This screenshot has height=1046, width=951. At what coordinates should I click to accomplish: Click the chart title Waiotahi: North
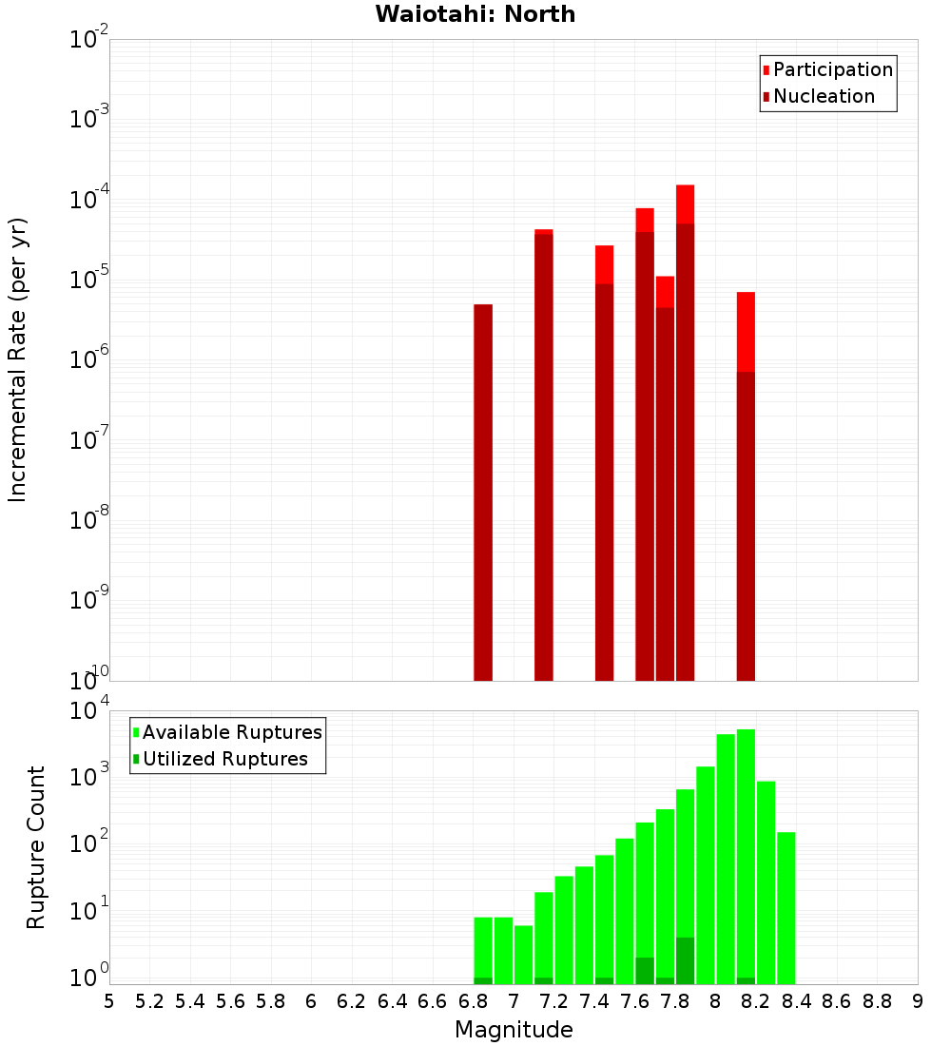click(x=475, y=14)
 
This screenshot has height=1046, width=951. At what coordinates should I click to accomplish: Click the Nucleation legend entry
click(x=823, y=97)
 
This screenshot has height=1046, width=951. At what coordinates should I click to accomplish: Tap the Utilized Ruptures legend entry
click(x=224, y=759)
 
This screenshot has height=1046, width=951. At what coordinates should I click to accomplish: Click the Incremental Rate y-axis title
click(x=18, y=359)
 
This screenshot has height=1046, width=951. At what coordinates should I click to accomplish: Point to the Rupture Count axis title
click(x=36, y=847)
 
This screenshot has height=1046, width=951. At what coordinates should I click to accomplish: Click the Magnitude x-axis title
click(x=514, y=1030)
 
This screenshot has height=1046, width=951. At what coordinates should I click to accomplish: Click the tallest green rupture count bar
click(x=746, y=856)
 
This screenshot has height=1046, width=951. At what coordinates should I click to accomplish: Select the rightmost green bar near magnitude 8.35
click(x=786, y=908)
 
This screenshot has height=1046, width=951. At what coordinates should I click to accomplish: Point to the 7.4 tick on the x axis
click(x=594, y=1001)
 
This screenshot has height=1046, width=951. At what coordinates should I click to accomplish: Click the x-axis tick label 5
click(x=109, y=1001)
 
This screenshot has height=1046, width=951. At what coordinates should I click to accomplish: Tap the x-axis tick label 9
click(x=918, y=1001)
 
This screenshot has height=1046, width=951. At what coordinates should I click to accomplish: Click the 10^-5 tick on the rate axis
click(x=87, y=281)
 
